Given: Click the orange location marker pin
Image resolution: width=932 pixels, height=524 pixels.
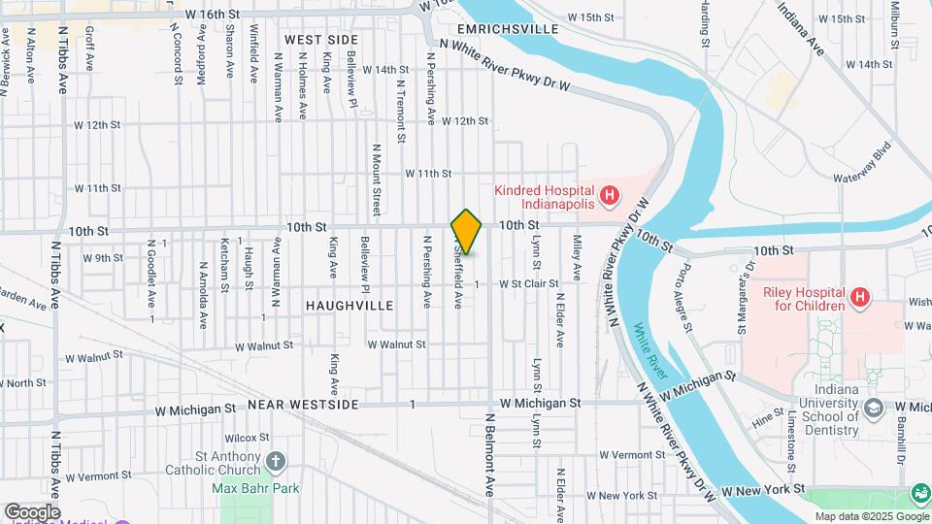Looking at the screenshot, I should pos(466,232).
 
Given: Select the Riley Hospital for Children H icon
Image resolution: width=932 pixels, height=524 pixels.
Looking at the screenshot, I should pos(858,296).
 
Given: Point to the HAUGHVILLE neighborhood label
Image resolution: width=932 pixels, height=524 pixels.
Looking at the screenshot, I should pos(349,305).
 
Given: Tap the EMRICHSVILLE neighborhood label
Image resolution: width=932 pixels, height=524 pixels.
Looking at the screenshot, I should pos(512,29).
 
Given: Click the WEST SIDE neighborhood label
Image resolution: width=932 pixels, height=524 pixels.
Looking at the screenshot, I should pos(321,39).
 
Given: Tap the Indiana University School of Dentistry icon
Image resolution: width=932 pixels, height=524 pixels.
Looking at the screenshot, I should pos(873,407).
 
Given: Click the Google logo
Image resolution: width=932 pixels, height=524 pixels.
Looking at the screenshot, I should pos(31,511).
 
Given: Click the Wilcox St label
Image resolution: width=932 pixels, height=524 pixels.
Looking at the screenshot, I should pos(250,438).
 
